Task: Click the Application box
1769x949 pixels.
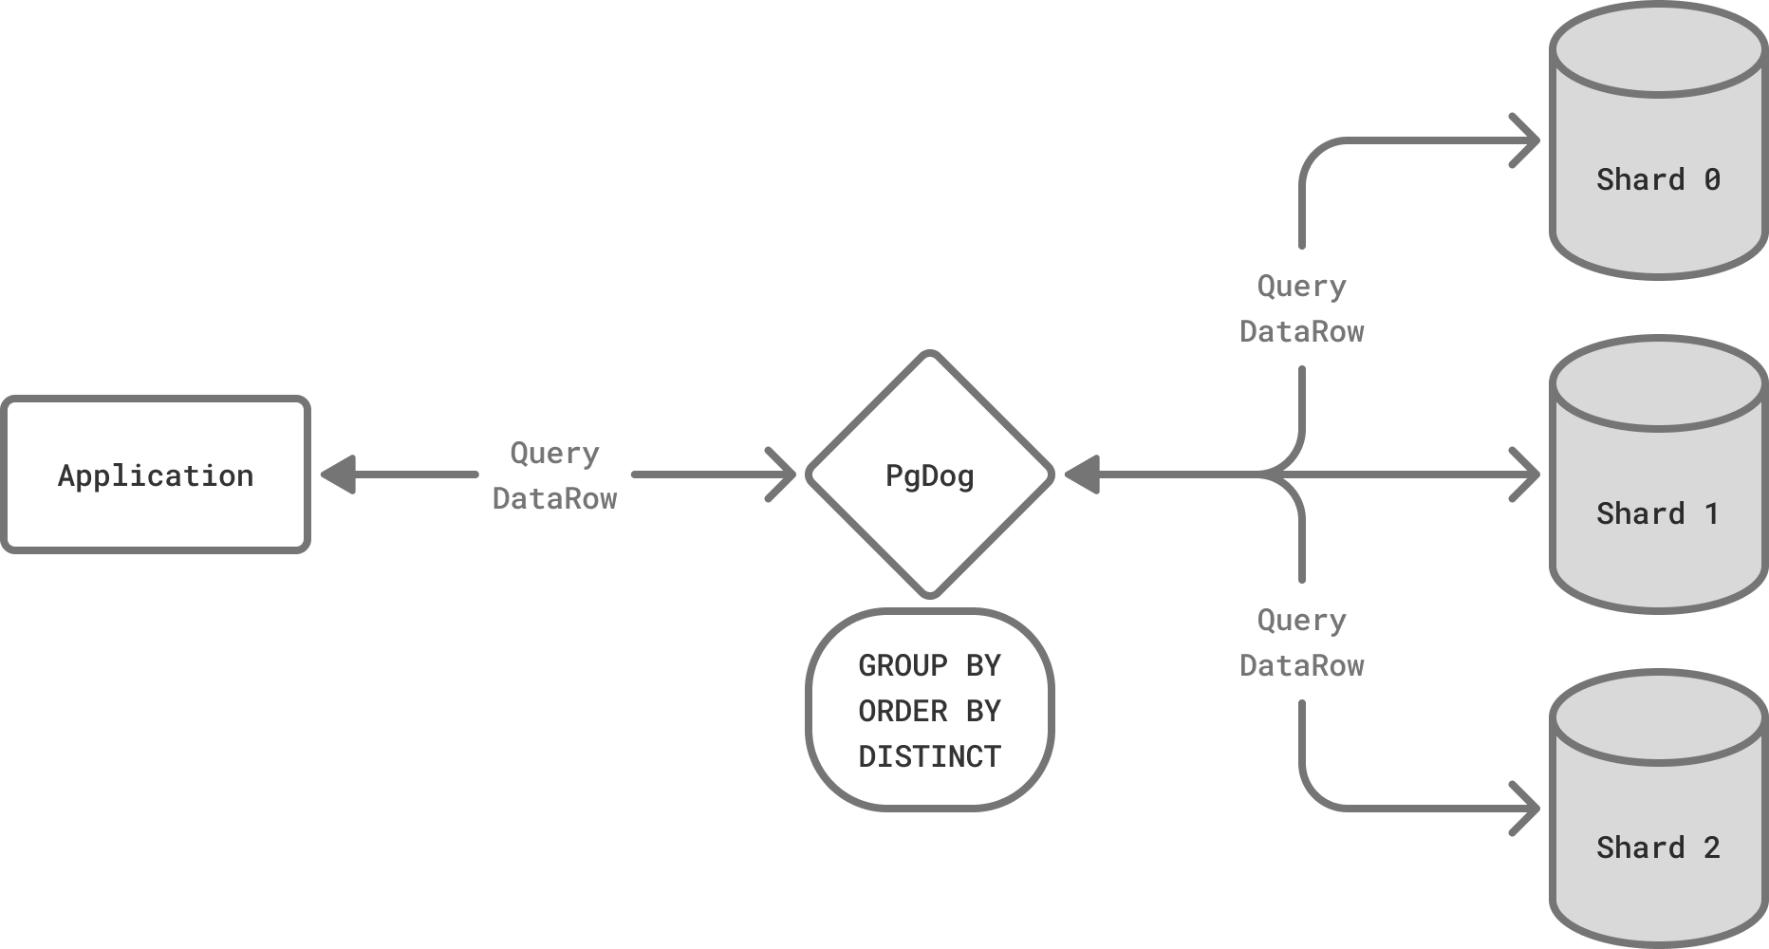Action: coord(156,474)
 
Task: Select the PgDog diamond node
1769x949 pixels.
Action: coord(929,474)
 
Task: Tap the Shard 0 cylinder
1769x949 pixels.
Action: coord(1657,180)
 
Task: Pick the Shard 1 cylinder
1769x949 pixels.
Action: coord(1657,512)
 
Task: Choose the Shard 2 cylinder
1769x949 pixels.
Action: coord(1657,847)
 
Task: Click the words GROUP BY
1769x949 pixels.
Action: coord(929,666)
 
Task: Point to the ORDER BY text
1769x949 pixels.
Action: coord(929,711)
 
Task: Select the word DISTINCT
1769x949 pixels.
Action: coord(929,756)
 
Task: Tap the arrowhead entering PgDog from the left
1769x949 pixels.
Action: coord(784,474)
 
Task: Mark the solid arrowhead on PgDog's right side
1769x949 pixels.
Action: coord(1081,474)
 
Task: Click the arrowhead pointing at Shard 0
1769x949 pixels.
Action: coord(1527,141)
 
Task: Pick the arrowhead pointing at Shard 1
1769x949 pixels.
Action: coord(1527,474)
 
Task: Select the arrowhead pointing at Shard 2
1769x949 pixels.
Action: coord(1527,809)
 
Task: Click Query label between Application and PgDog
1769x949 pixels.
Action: coord(554,453)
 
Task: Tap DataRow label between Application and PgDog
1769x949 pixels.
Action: coord(554,498)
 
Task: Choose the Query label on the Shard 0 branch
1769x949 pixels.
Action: coord(1301,286)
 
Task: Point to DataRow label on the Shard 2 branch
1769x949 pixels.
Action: coord(1301,665)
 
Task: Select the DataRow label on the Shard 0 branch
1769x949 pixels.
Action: coord(1301,331)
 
